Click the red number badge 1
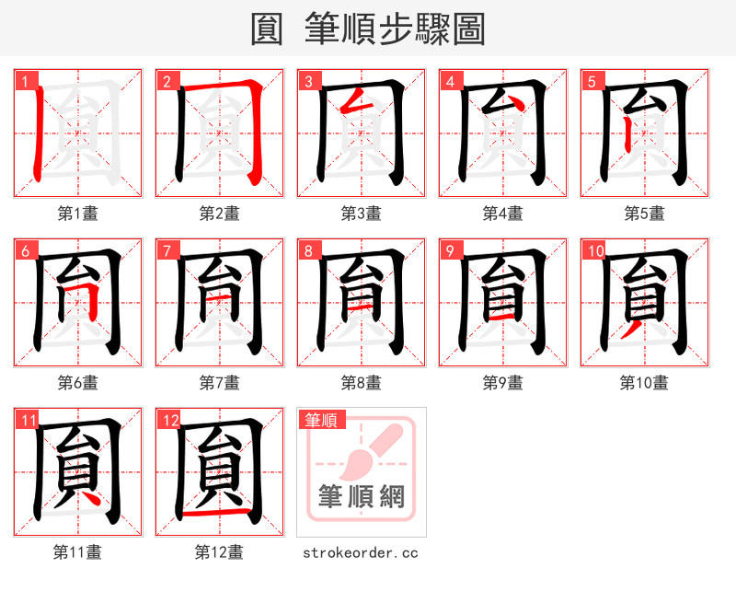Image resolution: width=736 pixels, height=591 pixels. [x=23, y=81]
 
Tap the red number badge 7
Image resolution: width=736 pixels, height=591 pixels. [x=166, y=250]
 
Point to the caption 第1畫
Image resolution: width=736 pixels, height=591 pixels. [x=78, y=214]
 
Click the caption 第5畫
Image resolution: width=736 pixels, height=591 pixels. [x=644, y=214]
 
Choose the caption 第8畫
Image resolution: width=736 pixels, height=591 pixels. [x=362, y=382]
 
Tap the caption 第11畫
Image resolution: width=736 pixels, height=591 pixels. [x=78, y=552]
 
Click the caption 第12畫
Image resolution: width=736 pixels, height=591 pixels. [x=219, y=552]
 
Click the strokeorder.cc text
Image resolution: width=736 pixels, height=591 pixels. [x=361, y=552]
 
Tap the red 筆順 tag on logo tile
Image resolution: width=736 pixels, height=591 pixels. [x=321, y=420]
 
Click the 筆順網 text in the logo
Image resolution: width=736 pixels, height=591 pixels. [x=361, y=497]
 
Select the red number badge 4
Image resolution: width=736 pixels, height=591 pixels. [x=449, y=81]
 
